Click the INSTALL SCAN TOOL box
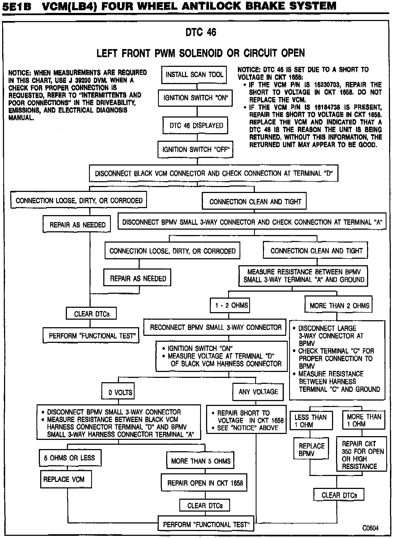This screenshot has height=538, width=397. click(194, 75)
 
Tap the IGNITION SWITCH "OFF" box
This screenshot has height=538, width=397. click(195, 150)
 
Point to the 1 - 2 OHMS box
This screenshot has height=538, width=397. click(230, 305)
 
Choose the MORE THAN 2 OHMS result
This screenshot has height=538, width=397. click(339, 306)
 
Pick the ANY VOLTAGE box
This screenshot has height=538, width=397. click(258, 392)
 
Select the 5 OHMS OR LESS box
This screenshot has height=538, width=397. click(70, 458)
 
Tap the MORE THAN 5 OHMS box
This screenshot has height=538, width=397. click(201, 461)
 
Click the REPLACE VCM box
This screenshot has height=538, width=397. click(66, 479)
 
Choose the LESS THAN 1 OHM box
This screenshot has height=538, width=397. click(311, 421)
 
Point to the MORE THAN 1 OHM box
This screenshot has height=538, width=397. click(364, 420)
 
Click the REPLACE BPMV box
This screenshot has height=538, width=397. click(311, 449)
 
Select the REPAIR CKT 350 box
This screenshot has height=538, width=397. click(362, 455)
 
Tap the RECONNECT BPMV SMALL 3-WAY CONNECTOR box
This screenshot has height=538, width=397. click(215, 327)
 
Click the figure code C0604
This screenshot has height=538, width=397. click(370, 528)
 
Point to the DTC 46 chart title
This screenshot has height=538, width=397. click(201, 32)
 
